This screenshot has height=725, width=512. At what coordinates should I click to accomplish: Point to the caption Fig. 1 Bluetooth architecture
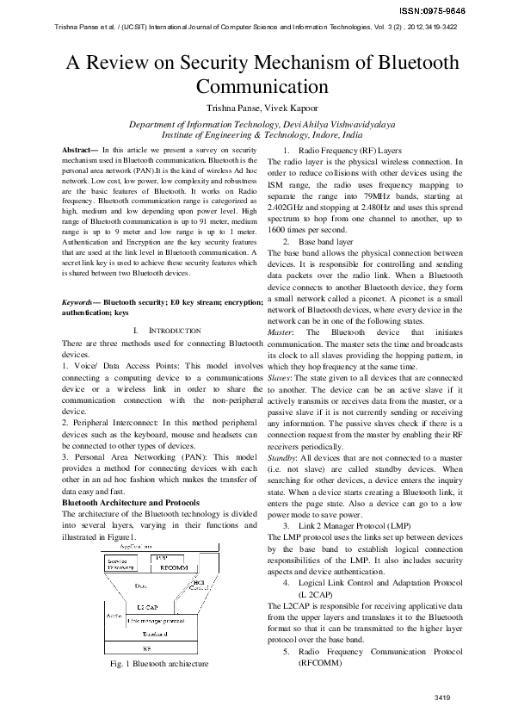coord(159,665)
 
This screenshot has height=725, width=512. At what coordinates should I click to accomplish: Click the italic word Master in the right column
coord(281,332)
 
